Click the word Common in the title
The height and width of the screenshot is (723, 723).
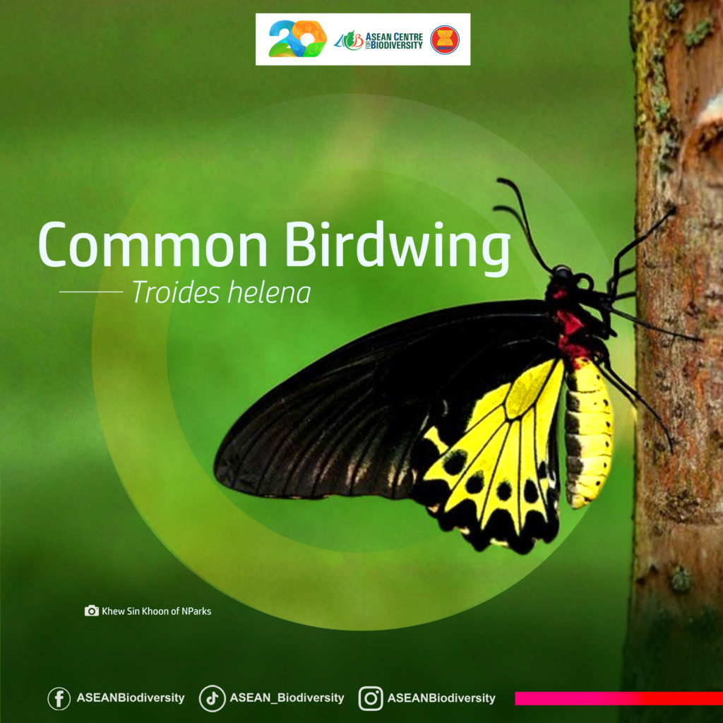153,244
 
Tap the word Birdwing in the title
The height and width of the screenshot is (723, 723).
398,248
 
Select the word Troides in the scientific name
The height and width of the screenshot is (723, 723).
176,292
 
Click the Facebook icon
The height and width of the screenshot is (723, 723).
59,698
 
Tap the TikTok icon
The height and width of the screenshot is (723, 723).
212,698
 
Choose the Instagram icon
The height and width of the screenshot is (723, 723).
371,698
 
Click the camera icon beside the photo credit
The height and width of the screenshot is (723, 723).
91,611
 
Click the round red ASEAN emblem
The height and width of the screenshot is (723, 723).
445,40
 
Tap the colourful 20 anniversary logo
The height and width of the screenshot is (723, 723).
297,39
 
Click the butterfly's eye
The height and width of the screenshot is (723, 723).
563,273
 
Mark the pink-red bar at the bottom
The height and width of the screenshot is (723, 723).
619,698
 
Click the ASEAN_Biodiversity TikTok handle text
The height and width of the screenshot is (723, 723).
287,698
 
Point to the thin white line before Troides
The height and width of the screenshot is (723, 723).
91,292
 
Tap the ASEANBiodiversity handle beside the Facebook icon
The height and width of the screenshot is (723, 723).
131,698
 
